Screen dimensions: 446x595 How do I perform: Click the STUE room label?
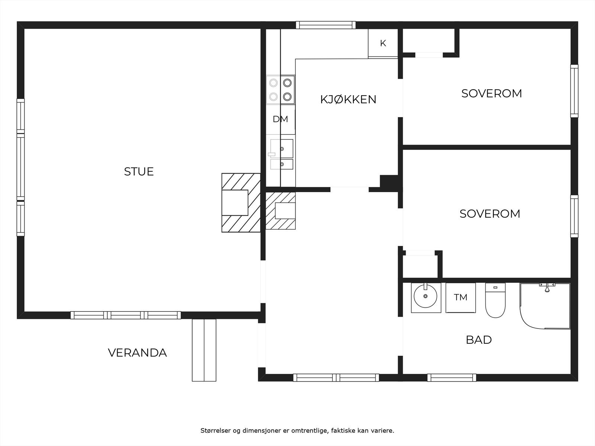pyautogui.click(x=139, y=171)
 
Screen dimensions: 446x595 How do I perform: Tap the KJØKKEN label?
pyautogui.click(x=348, y=100)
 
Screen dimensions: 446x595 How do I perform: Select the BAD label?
pyautogui.click(x=479, y=340)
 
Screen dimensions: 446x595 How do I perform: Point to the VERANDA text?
pyautogui.click(x=137, y=353)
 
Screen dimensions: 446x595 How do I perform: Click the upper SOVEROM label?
pyautogui.click(x=491, y=93)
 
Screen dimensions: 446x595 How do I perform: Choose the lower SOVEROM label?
pyautogui.click(x=490, y=214)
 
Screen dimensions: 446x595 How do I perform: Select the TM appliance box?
pyautogui.click(x=460, y=297)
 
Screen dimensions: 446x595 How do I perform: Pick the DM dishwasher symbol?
pyautogui.click(x=280, y=119)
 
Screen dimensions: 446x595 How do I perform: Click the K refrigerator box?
pyautogui.click(x=383, y=43)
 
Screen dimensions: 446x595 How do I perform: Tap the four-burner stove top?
pyautogui.click(x=280, y=90)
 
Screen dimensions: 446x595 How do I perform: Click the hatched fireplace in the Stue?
pyautogui.click(x=241, y=203)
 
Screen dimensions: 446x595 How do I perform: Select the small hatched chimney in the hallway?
pyautogui.click(x=280, y=210)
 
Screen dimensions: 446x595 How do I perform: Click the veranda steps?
pyautogui.click(x=204, y=350)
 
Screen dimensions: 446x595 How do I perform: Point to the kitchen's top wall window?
pyautogui.click(x=325, y=25)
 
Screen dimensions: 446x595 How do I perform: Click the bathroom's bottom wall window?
pyautogui.click(x=451, y=378)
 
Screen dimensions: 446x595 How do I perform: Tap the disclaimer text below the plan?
pyautogui.click(x=297, y=431)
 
